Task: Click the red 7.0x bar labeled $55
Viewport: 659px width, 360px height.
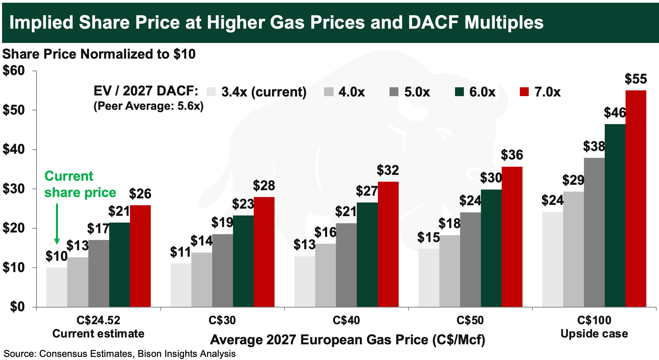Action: [636, 199]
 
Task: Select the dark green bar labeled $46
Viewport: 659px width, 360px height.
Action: [615, 215]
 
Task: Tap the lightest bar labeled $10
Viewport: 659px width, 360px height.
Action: [57, 287]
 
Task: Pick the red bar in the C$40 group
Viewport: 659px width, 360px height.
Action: [388, 244]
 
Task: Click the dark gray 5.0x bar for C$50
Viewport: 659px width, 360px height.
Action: [470, 260]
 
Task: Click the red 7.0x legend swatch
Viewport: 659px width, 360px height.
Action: [524, 92]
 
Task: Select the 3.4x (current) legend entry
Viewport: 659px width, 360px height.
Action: [257, 92]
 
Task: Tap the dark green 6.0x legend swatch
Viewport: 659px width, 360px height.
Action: [459, 92]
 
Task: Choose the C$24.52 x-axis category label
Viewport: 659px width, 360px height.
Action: [98, 320]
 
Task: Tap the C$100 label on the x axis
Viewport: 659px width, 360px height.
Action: [594, 320]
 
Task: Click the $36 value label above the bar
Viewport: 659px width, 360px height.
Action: [512, 155]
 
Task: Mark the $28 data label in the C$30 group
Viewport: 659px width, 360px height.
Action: [264, 186]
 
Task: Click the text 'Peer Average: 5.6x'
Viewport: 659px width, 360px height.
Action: [149, 106]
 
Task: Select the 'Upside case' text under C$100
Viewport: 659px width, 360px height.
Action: [594, 334]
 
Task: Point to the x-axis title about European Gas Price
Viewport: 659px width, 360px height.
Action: [348, 340]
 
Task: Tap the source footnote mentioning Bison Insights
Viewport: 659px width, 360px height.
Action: [120, 354]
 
